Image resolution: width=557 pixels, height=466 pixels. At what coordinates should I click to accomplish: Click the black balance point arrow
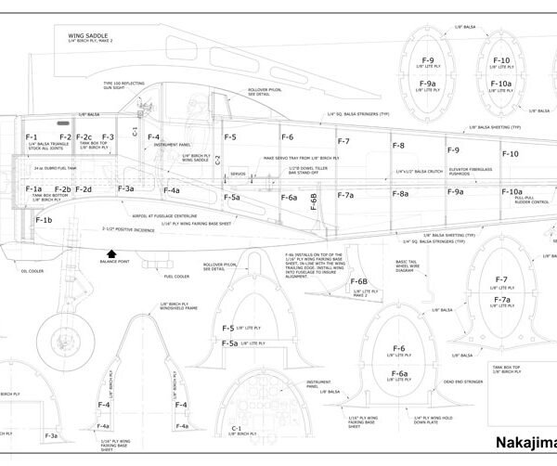coord(113,252)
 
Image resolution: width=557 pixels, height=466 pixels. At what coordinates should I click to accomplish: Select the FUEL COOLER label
coord(175,276)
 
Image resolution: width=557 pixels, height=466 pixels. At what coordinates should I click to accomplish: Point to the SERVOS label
coord(237,174)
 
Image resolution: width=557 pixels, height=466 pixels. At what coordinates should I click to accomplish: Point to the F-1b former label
coord(44,221)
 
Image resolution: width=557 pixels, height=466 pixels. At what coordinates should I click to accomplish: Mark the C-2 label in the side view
coord(218,159)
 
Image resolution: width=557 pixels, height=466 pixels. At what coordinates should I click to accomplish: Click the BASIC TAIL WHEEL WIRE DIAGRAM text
coord(408,266)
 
